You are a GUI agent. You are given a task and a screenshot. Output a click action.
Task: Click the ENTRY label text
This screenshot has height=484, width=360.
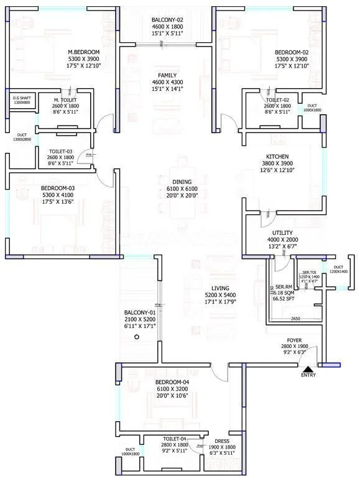308,375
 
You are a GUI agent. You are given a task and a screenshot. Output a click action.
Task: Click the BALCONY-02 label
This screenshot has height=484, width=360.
167,20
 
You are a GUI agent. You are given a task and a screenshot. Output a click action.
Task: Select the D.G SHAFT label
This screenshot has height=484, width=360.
21,98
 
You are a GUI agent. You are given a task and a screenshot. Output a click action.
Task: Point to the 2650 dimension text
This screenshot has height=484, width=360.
295,319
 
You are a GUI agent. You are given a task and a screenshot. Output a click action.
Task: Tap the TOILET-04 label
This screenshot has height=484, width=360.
175,439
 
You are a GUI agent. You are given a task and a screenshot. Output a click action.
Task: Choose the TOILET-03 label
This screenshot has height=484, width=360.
60,150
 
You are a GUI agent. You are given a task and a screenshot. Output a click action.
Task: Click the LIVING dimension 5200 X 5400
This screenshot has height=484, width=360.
219,296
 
